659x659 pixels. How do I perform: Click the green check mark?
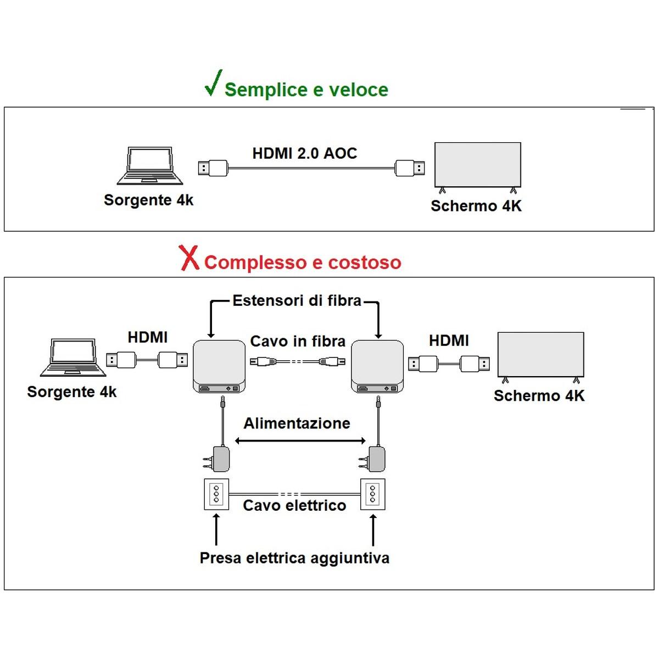pos(213,83)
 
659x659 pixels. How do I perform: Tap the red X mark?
pos(189,258)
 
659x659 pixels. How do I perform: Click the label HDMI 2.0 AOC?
pos(305,153)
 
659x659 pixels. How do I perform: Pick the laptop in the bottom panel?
pos(72,358)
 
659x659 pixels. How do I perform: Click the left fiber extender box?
pos(219,366)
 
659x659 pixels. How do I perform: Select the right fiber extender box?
pos(377,366)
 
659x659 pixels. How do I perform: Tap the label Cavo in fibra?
pos(298,342)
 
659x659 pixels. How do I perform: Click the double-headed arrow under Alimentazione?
pos(300,440)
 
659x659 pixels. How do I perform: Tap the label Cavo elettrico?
pos(294,505)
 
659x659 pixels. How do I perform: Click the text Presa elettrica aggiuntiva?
pos(294,558)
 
